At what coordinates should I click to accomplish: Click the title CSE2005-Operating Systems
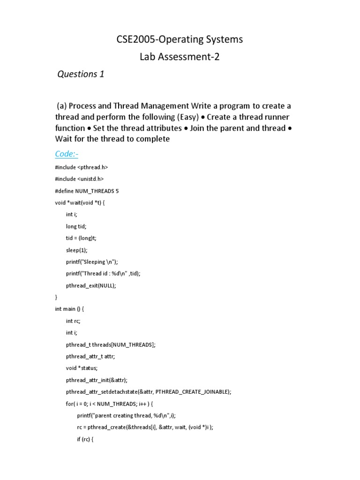(180, 39)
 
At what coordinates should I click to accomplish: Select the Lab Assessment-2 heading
(180, 57)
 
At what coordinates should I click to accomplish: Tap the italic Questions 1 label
(80, 74)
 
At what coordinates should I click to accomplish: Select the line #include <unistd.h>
(79, 179)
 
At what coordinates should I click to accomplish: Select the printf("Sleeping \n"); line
(92, 262)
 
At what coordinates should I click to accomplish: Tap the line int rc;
(73, 321)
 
